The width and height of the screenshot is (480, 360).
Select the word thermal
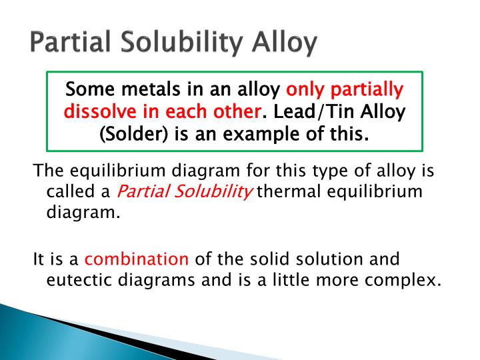pyautogui.click(x=283, y=192)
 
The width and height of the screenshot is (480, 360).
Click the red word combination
pyautogui.click(x=137, y=258)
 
